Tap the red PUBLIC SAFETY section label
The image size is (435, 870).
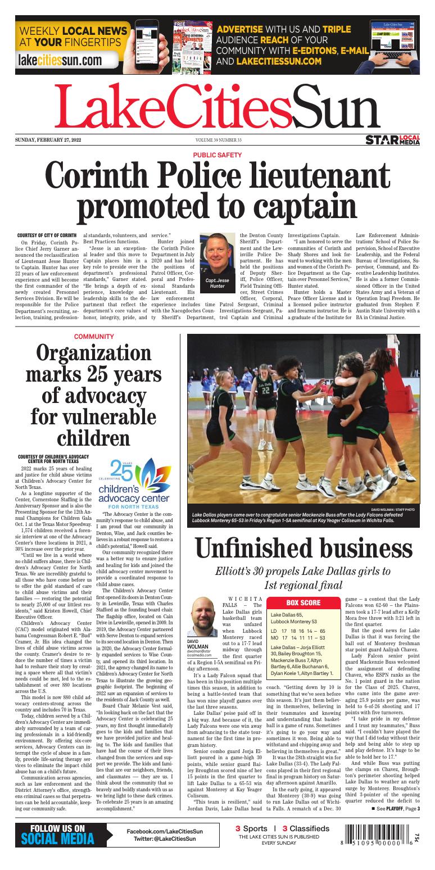pyautogui.click(x=217, y=155)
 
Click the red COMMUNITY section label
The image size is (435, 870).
pyautogui.click(x=94, y=337)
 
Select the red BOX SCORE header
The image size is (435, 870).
pyautogui.click(x=303, y=603)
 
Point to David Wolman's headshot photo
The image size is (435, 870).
pyautogui.click(x=202, y=617)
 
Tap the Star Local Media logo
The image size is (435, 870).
pyautogui.click(x=392, y=139)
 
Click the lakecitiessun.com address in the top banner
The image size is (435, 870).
pyautogui.click(x=60, y=60)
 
